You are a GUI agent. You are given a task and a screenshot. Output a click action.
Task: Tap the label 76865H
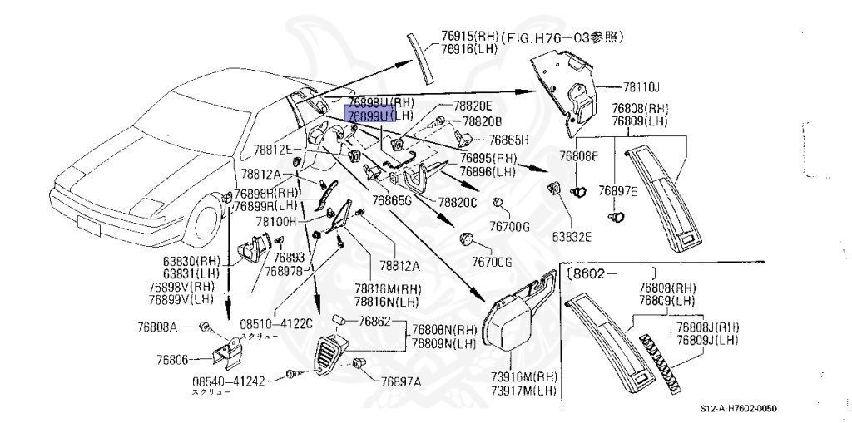[x=509, y=140]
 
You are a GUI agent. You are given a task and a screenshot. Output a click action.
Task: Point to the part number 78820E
[x=473, y=106]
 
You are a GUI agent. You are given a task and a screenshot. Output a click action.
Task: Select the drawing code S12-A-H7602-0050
[x=742, y=409]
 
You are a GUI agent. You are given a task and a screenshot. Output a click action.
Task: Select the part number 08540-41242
[x=228, y=381]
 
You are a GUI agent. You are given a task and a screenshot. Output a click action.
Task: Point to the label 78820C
[x=458, y=202]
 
